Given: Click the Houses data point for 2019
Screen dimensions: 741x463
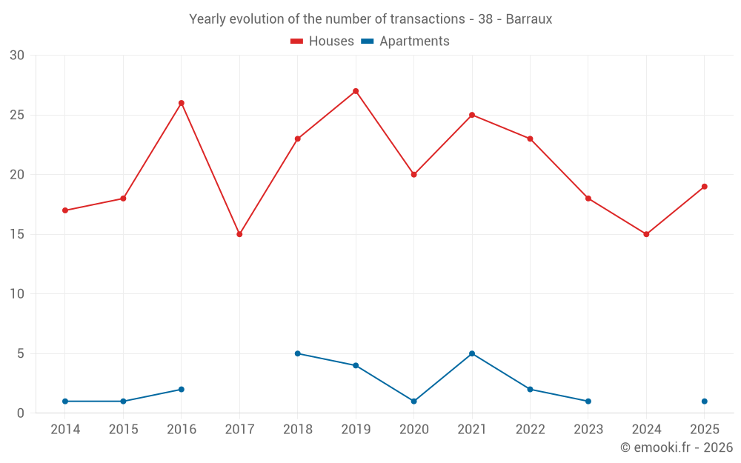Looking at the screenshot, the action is tap(356, 91).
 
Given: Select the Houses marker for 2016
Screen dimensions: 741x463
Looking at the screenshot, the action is tap(182, 103).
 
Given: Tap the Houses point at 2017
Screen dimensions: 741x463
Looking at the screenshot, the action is tap(239, 234).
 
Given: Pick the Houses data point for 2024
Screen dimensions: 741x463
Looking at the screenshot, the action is tap(646, 234).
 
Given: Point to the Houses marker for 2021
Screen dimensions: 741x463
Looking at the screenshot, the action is tap(472, 116).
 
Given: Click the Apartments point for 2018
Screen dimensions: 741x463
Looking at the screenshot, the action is tap(298, 353).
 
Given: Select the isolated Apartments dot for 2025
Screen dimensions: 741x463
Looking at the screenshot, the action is tap(705, 401).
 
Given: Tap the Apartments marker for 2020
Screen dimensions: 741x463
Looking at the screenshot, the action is tap(414, 401).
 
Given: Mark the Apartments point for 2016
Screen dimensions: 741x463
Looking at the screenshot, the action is tap(182, 390).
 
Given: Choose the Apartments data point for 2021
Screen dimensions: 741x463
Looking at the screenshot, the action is tap(472, 353).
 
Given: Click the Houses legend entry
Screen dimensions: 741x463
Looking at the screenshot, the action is tap(322, 41).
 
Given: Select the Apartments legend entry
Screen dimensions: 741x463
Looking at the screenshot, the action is tap(405, 41).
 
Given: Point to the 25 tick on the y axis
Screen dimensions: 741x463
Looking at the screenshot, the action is tap(17, 116).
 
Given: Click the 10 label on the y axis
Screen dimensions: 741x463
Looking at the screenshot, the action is tap(17, 294).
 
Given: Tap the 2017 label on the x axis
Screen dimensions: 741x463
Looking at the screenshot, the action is tap(239, 429).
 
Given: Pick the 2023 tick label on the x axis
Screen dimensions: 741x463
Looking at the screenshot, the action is tap(588, 429).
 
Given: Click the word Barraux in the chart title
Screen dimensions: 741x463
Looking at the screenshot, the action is tap(529, 19).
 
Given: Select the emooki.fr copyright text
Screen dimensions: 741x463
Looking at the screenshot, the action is tap(677, 447).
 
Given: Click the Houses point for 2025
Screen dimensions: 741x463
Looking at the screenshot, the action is tap(705, 187).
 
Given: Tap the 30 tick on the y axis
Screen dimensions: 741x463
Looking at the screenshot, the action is tap(17, 56).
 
